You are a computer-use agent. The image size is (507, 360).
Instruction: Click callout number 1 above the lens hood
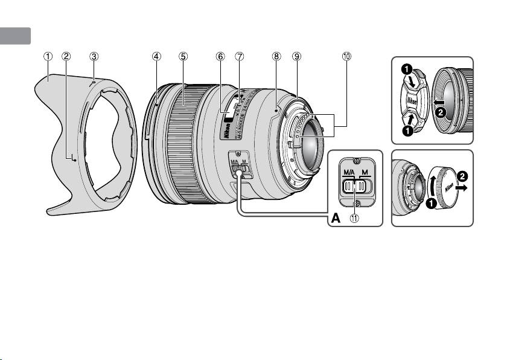tap(47, 56)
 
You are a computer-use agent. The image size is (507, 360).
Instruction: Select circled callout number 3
tap(94, 56)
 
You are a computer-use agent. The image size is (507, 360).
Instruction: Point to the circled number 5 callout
tap(183, 56)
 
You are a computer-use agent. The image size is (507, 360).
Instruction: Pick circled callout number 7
tap(240, 56)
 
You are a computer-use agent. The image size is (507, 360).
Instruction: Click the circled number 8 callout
tap(276, 56)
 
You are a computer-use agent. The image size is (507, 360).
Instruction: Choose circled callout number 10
tap(346, 56)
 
